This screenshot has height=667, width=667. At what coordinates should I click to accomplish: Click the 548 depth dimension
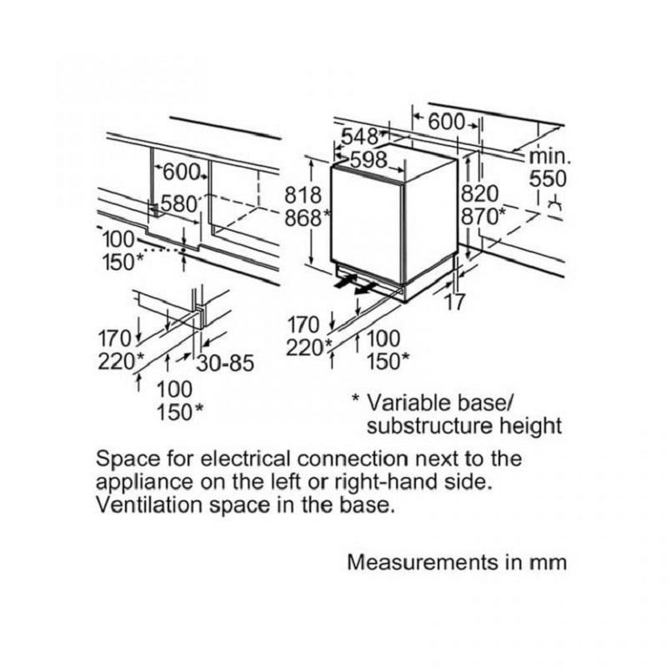point(359,136)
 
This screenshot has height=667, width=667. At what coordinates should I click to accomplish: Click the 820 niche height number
point(479,194)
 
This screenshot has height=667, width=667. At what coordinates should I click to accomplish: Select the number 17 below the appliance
point(454,303)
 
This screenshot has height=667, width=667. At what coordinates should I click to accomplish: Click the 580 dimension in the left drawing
point(178,203)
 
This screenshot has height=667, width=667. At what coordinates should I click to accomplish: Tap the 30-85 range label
point(225,364)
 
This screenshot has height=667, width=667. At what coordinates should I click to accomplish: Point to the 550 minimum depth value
point(548,178)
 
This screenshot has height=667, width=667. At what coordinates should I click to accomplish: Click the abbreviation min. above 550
point(550,156)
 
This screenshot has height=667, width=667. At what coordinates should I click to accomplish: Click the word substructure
point(441,426)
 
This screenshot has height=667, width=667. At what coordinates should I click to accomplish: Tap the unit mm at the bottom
point(549,562)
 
